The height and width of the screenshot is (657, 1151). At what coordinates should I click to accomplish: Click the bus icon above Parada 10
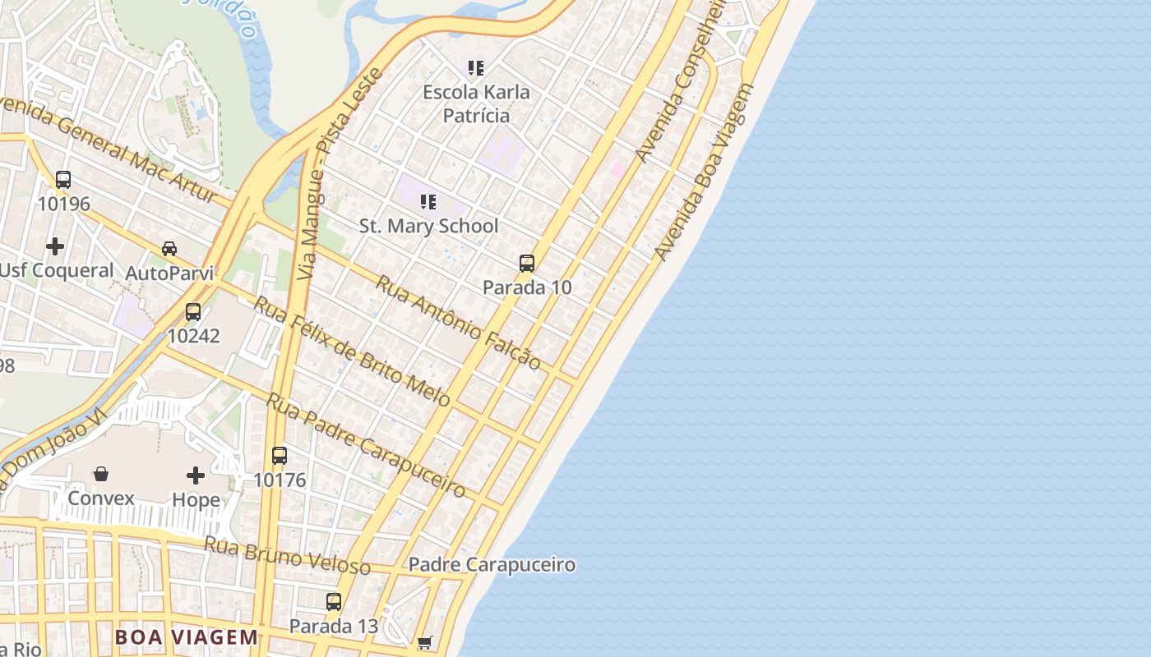[527, 264]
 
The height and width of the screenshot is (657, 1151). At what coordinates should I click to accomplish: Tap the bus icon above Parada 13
[333, 602]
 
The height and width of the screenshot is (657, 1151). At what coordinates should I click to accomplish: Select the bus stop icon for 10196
[63, 180]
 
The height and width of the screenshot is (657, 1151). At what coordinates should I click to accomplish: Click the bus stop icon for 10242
[193, 312]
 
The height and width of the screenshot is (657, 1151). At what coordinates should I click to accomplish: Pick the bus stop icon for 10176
[280, 456]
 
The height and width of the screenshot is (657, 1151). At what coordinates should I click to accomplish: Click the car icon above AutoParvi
[169, 248]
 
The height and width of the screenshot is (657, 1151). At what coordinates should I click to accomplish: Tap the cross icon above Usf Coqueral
[55, 246]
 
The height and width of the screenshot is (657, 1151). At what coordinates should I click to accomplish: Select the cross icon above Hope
[196, 476]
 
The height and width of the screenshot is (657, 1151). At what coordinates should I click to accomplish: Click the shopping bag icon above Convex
[101, 474]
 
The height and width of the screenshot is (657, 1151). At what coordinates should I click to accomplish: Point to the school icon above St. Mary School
[428, 201]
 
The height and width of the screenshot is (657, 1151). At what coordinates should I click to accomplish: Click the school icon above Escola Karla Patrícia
[476, 67]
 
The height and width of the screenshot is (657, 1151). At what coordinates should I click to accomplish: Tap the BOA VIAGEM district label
[187, 637]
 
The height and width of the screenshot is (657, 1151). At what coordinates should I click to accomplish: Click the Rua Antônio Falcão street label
[458, 322]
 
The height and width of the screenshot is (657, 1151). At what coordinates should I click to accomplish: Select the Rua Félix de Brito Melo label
[351, 351]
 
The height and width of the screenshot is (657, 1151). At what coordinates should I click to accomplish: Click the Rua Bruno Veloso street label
[287, 555]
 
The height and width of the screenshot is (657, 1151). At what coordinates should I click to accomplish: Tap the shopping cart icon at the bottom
[424, 642]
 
